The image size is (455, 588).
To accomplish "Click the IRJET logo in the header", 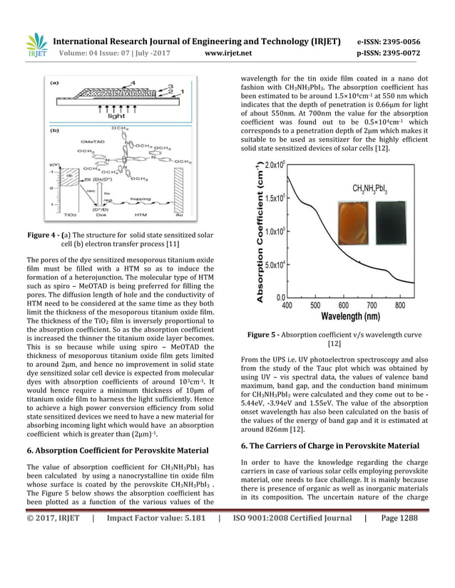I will [36, 46].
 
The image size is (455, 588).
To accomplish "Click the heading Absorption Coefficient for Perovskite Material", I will [117, 449].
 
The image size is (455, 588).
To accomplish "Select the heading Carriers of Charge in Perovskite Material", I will [332, 445].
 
